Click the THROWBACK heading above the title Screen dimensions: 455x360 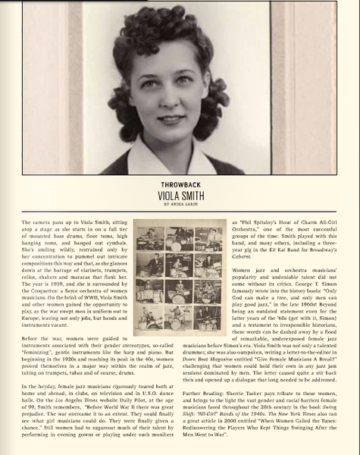coord(180,184)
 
